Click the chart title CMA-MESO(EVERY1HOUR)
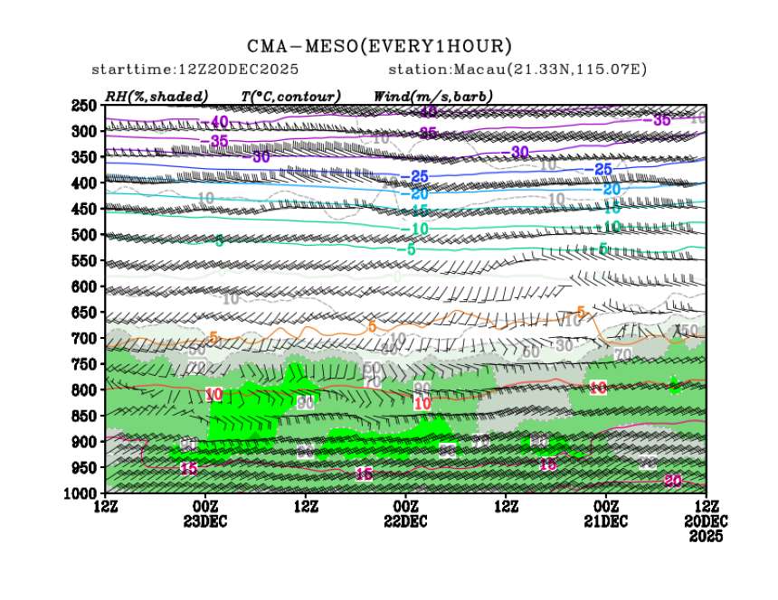pos(380,46)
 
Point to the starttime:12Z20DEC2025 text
pos(195,70)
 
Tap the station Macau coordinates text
pos(517,70)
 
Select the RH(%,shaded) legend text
pos(156,96)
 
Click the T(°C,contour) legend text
pos(290,96)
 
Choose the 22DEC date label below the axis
pos(405,521)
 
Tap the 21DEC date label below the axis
pos(605,521)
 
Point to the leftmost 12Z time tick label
pos(106,506)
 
